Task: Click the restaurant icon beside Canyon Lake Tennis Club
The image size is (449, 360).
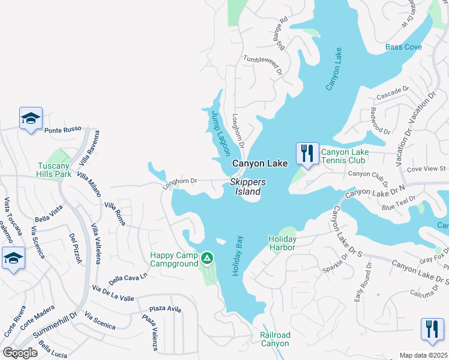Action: pos(307,154)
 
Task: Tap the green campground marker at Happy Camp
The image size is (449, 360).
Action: pos(206,259)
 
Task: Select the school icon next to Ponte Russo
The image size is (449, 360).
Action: pos(31,119)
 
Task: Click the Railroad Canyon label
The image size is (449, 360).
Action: pos(275,339)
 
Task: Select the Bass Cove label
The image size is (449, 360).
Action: pos(403,47)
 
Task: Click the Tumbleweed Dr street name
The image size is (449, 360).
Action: pos(263,65)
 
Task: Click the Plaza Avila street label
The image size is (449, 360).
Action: pos(165,308)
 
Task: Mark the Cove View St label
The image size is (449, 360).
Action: pos(426,169)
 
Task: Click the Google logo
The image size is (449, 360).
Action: pos(20,353)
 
